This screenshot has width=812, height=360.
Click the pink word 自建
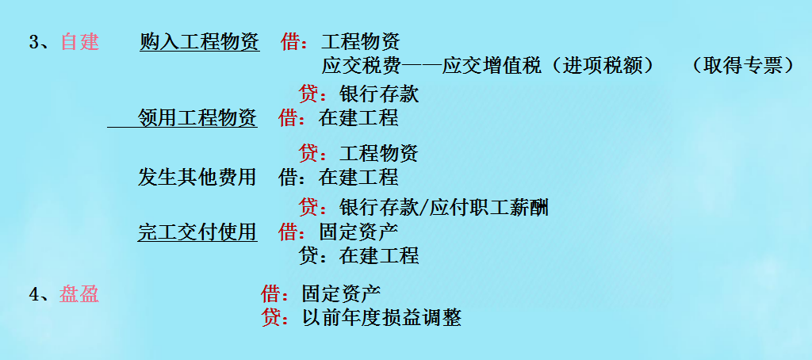pos(79,42)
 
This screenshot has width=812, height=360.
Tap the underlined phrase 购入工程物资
pos(199,42)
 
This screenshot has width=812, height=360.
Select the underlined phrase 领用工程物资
pos(197,119)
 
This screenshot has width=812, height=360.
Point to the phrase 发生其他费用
pos(197,177)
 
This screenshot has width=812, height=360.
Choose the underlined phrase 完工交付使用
pos(197,232)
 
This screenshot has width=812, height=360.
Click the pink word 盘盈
pos(79,295)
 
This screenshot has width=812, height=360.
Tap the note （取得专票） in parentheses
pos(743,66)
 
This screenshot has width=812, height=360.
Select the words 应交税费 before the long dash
pos(360,66)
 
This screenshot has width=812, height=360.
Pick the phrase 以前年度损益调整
pos(381,319)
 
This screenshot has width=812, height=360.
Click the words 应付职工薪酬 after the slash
pos(491,209)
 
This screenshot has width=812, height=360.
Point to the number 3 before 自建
pos(34,43)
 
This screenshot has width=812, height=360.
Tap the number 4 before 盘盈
pos(34,295)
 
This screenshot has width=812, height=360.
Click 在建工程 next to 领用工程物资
pos(358,119)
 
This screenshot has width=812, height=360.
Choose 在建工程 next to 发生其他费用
pos(358,177)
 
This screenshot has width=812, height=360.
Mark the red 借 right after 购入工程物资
pos(290,42)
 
